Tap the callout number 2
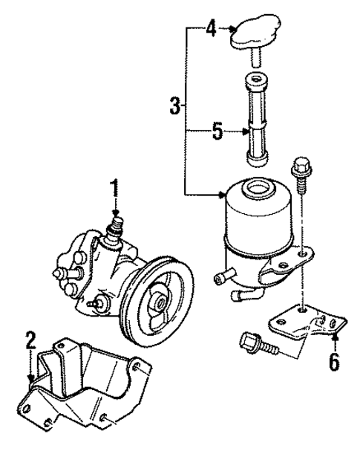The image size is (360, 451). pyautogui.click(x=30, y=343)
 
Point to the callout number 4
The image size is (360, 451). pyautogui.click(x=211, y=30)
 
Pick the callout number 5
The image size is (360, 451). pyautogui.click(x=217, y=132)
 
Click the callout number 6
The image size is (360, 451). pyautogui.click(x=334, y=362)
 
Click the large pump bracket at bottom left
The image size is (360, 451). pyautogui.click(x=82, y=386)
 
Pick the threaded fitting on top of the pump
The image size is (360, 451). pyautogui.click(x=115, y=225)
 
